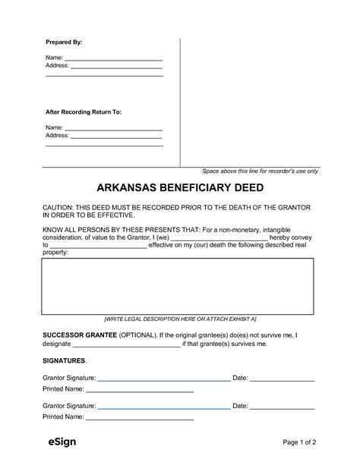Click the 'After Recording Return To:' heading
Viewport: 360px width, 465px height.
84,112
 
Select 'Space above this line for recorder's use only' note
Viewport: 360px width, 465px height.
260,171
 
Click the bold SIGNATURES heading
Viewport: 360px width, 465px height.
65,360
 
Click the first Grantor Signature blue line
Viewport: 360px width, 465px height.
163,378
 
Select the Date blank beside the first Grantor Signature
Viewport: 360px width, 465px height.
283,378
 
